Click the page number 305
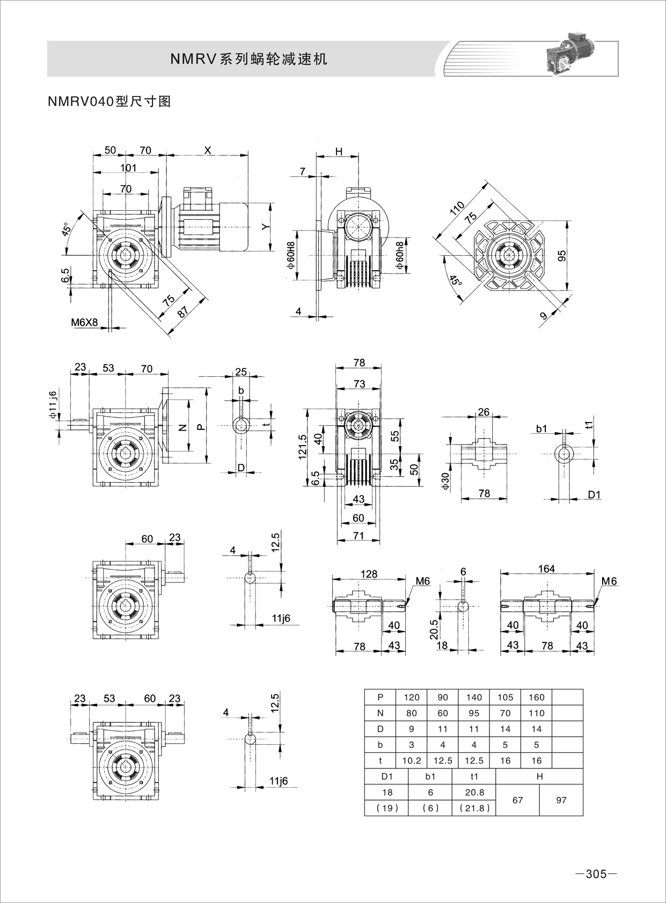click(x=595, y=874)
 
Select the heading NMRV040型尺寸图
click(x=109, y=101)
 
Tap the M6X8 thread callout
click(x=85, y=322)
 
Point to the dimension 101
click(x=128, y=168)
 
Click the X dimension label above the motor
click(x=208, y=151)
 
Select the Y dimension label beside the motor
click(x=265, y=227)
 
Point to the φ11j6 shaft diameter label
click(x=52, y=405)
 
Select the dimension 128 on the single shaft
click(x=369, y=573)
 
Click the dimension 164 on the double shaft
click(x=546, y=568)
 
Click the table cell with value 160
click(x=536, y=697)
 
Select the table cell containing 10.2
click(x=412, y=760)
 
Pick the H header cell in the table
click(x=539, y=776)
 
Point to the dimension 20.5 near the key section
click(x=435, y=625)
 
